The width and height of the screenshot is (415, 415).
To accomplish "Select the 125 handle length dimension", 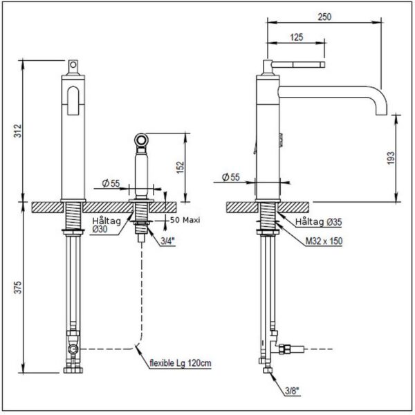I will [x=296, y=38].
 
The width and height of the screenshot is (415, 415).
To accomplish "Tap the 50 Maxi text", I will [x=185, y=220].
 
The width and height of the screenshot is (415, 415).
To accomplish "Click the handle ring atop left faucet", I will [x=73, y=66].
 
